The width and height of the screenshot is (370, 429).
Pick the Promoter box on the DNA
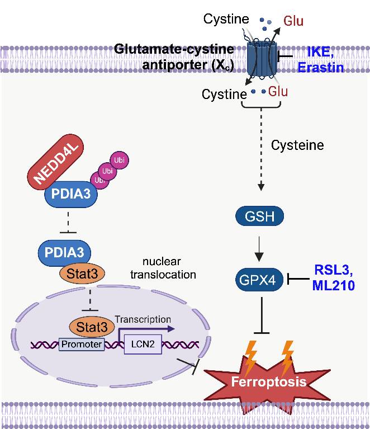pyautogui.click(x=81, y=345)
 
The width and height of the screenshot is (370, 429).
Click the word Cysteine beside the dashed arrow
pyautogui.click(x=297, y=145)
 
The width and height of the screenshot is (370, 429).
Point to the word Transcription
pyautogui.click(x=143, y=319)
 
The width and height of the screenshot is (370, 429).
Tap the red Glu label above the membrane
pyautogui.click(x=293, y=21)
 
